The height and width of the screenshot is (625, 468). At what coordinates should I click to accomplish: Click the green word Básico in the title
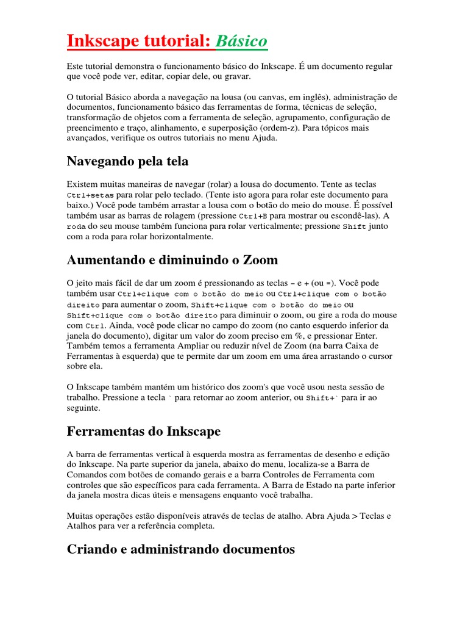241,42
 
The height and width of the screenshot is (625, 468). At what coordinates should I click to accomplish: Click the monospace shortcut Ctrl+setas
85,195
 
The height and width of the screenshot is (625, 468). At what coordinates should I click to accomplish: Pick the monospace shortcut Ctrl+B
252,216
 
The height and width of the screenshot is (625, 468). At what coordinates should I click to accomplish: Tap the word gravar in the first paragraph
237,76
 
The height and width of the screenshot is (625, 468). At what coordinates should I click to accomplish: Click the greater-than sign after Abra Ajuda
355,516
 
